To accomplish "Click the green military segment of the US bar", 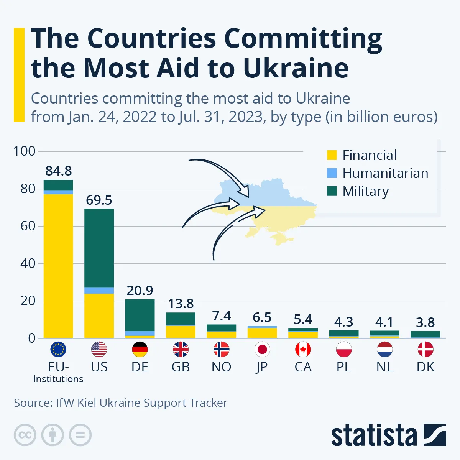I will tap(99, 248).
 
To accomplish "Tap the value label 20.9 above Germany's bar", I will tap(140, 291).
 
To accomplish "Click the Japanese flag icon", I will tap(262, 349).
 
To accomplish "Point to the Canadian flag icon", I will tap(303, 349).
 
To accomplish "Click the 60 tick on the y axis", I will tap(28, 226).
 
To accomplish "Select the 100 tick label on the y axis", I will tap(24, 151).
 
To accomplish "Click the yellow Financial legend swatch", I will tap(332, 155).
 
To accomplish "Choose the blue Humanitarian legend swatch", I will tap(332, 173).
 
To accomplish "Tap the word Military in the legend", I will tap(365, 191).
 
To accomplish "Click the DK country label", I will tap(425, 367).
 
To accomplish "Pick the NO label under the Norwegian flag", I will tap(221, 367).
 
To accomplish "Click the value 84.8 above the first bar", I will tap(58, 171).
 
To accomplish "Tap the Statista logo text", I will tap(374, 435).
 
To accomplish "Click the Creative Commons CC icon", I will tap(25, 435).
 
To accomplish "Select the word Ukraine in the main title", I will tap(296, 68).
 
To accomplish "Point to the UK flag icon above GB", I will tap(181, 349).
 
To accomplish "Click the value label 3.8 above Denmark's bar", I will tap(425, 322).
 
